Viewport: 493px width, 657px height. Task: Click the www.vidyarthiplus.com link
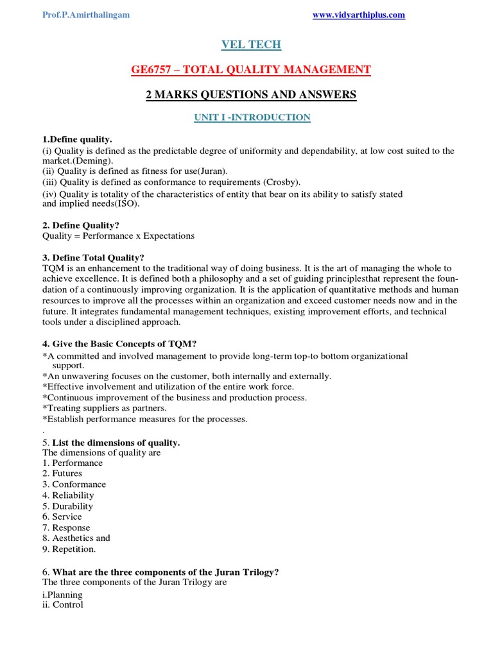tap(358, 15)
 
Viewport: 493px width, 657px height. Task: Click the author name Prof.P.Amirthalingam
tap(86, 15)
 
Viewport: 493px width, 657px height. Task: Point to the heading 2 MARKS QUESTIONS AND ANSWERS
tap(251, 95)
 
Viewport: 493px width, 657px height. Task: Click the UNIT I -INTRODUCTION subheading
tap(251, 117)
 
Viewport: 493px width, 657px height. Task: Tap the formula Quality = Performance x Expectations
tap(118, 236)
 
